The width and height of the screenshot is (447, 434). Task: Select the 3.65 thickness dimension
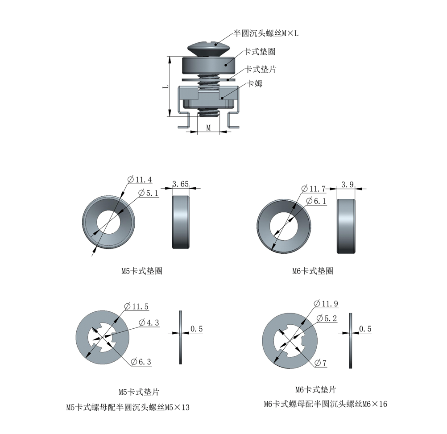(x=180, y=184)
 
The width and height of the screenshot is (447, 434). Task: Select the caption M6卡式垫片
(x=315, y=389)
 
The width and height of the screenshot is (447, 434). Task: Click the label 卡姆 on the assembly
(x=255, y=83)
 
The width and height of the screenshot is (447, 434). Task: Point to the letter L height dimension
(x=165, y=87)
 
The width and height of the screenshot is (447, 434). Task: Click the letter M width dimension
(x=208, y=128)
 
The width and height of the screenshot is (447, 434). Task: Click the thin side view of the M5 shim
(x=181, y=337)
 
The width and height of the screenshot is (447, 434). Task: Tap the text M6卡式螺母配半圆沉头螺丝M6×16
(x=325, y=404)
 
